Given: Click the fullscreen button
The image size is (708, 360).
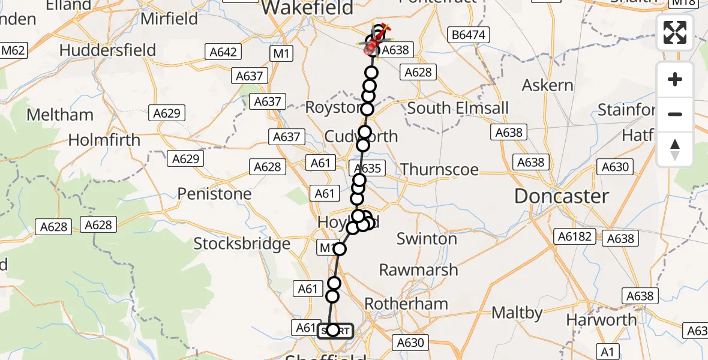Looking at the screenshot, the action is [x=675, y=32].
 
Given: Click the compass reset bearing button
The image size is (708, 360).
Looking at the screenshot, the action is [x=675, y=149].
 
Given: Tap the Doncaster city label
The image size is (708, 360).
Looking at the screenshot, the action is [x=561, y=196].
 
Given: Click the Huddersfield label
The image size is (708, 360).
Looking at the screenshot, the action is [x=108, y=50].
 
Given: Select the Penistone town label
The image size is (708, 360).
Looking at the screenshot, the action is [x=214, y=194].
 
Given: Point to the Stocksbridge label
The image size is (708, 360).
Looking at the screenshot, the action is [x=242, y=244].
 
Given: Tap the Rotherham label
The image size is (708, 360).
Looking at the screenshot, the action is [x=406, y=304].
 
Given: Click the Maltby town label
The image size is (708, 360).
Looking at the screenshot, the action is [x=517, y=313].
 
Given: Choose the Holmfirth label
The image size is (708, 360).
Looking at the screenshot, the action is [x=104, y=140].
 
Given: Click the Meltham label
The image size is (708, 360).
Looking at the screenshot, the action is [x=60, y=115].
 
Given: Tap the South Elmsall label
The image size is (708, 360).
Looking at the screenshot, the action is [x=458, y=109].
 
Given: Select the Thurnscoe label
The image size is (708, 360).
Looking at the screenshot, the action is [x=439, y=169].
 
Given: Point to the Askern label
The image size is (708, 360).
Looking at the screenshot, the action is [x=547, y=85].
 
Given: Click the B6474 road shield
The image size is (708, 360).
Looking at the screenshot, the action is [x=468, y=36].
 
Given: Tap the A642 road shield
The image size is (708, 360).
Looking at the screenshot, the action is [x=223, y=53].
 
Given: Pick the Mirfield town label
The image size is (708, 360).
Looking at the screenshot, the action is [x=169, y=19].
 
